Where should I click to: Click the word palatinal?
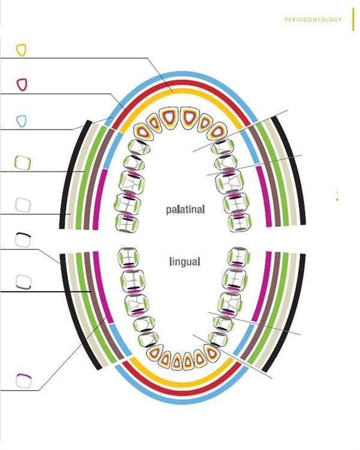coord(185,209)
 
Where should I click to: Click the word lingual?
coord(185,262)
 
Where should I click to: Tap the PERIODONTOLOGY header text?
coord(313,20)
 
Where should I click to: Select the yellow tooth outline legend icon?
coord(21,50)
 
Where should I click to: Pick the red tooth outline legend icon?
coord(22,85)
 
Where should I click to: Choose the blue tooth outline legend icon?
coord(22,121)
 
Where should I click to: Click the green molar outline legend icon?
coord(23,163)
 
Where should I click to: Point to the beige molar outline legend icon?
coord(23,205)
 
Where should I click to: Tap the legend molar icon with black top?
coord(23,239)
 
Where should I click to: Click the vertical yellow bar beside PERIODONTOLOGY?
coord(353,19)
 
